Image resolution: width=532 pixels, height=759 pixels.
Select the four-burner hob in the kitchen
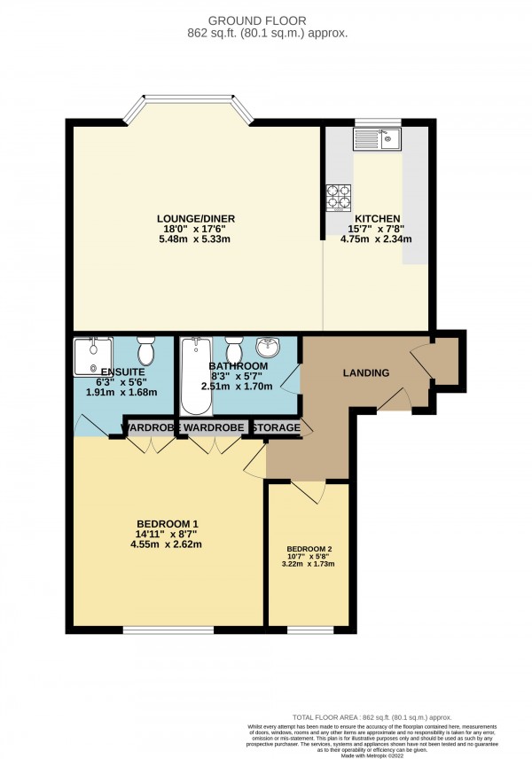pos(339,196)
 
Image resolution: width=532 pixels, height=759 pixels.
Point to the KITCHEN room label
pos(378,218)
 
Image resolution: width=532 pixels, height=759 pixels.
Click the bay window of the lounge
pos(188,111)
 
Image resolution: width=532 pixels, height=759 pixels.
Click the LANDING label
pos(366,373)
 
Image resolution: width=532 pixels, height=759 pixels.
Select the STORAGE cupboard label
pos(276,428)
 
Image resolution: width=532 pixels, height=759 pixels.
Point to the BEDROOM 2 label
pos(309,549)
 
